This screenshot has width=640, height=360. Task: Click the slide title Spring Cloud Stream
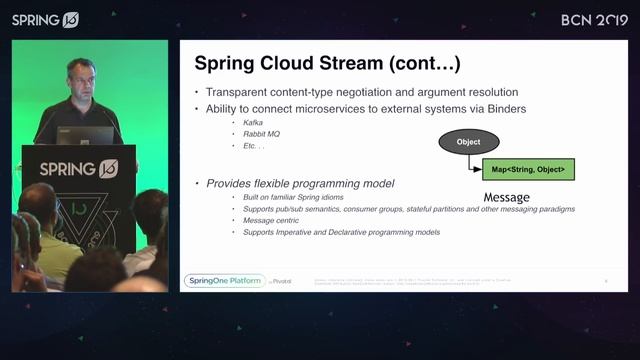tap(327, 64)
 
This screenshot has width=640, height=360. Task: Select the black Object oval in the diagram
tap(468, 142)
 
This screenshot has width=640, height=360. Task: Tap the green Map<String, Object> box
tap(528, 169)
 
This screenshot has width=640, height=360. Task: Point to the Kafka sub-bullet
tap(253, 121)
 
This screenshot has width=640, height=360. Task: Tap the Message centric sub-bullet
tap(273, 220)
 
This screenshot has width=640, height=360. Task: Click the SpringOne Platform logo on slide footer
tap(225, 281)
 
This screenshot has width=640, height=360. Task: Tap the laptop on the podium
tap(84, 135)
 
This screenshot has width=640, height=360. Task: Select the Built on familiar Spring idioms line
tap(294, 198)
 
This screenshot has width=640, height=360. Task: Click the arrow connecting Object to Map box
tap(473, 164)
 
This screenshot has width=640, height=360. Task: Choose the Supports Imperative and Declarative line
tap(341, 232)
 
